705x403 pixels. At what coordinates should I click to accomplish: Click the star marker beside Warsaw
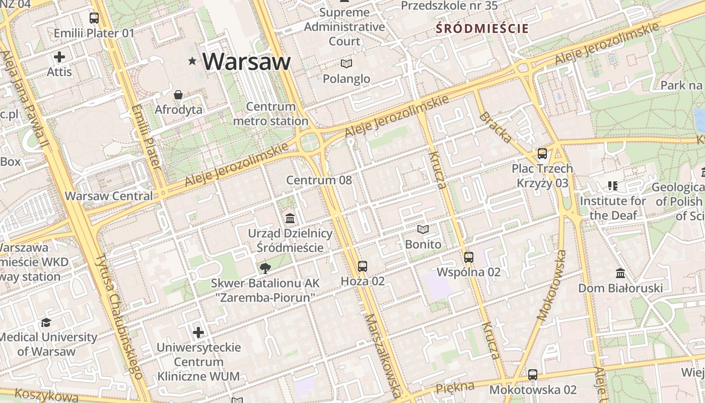tap(192, 61)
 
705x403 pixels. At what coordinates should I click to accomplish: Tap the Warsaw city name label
tap(247, 61)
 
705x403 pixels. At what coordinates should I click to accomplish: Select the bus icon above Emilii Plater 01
tap(94, 18)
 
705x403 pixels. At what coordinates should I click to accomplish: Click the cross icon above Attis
tap(59, 57)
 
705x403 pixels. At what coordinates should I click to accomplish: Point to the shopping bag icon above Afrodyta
tap(178, 95)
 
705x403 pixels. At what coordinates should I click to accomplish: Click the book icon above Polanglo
tap(346, 63)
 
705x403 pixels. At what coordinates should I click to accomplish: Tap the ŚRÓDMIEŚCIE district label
tap(482, 28)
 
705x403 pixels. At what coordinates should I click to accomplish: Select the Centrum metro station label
tap(271, 114)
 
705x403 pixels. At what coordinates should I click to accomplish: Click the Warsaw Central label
tap(109, 196)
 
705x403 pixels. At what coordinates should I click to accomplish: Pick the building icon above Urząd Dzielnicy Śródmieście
tap(290, 219)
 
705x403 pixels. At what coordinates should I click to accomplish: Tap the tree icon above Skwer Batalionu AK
tap(264, 268)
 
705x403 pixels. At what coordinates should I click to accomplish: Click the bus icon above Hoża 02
tap(363, 266)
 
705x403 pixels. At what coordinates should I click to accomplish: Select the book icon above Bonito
tap(423, 230)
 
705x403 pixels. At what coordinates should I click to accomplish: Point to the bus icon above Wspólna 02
tap(469, 257)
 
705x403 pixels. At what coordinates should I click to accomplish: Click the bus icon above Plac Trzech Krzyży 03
tap(542, 154)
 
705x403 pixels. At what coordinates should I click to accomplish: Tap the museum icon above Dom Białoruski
tap(620, 274)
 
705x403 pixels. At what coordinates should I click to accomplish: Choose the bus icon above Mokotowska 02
tap(533, 375)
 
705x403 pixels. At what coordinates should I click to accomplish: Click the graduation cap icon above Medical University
tap(46, 322)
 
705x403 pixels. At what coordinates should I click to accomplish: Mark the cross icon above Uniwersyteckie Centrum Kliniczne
tap(198, 332)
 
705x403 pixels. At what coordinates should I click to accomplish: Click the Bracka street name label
tap(496, 127)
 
